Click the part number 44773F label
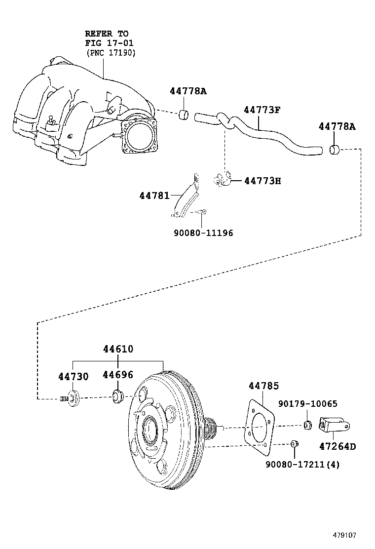tap(262, 110)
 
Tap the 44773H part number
tap(262, 181)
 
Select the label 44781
tap(154, 196)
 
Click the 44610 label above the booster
tap(118, 349)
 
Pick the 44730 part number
tap(74, 377)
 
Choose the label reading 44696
tap(118, 375)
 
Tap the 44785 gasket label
tap(263, 386)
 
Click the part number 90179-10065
tap(307, 404)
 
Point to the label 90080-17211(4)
tap(302, 464)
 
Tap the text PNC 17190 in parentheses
tap(111, 52)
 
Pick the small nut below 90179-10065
tap(306, 425)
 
